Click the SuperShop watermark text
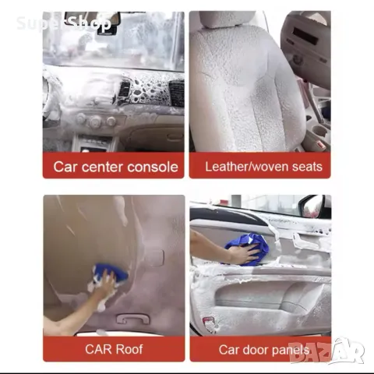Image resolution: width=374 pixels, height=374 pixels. click(x=64, y=23)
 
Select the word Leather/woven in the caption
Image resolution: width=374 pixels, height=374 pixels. click(x=247, y=167)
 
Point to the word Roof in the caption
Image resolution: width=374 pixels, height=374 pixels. click(x=129, y=349)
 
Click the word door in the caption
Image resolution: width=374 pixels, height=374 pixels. click(x=255, y=350)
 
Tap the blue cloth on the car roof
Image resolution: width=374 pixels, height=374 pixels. click(x=111, y=273)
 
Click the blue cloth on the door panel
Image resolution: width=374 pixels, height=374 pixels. click(x=247, y=249)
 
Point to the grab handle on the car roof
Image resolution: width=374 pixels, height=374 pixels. click(x=133, y=319)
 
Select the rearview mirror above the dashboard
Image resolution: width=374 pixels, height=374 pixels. click(x=92, y=19)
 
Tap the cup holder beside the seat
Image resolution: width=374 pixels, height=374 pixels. click(x=319, y=131)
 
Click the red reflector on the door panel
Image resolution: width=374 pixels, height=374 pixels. click(x=207, y=321)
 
